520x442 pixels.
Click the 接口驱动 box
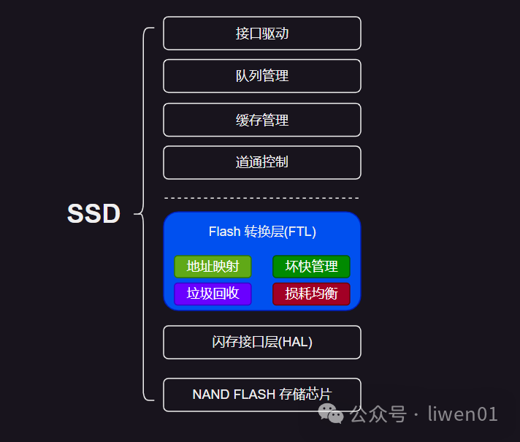pos(261,34)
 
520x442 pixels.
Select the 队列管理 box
pos(261,76)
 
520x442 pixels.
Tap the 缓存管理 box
pos(261,120)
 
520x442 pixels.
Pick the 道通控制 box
pos(261,162)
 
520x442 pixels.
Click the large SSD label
pos(93,214)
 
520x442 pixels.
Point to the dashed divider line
pos(261,198)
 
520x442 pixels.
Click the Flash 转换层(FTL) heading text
pos(262,232)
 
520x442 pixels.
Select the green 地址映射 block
pos(213,267)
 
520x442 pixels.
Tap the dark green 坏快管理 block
pos(311,267)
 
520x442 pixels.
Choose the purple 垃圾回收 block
pos(213,294)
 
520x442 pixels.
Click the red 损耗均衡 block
pos(311,294)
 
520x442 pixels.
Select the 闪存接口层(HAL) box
pos(261,342)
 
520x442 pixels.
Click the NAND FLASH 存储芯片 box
pos(261,395)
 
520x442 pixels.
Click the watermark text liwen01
pos(462,414)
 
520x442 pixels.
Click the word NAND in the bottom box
pos(210,395)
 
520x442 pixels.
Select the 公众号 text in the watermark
pos(377,414)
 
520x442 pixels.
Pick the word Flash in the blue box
pos(224,232)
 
